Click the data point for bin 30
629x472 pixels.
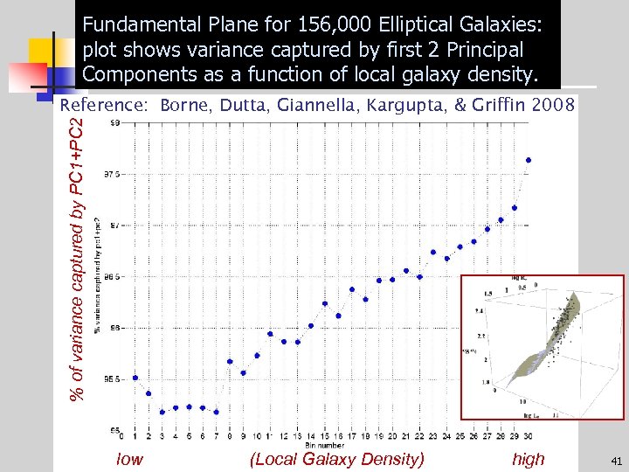click(529, 160)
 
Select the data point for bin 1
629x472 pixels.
click(135, 378)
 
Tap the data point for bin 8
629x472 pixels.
click(230, 361)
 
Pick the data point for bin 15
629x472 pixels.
click(325, 303)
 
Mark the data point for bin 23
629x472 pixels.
click(433, 252)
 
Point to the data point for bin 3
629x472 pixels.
click(162, 412)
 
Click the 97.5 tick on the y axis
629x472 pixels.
click(114, 175)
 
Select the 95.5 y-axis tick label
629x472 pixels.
click(114, 379)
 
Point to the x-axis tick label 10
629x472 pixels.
click(257, 436)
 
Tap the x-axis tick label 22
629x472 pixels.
click(419, 436)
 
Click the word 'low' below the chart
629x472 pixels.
click(129, 459)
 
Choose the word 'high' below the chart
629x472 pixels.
click(528, 459)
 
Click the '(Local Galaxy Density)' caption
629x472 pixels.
click(336, 459)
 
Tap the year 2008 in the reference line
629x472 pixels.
click(552, 106)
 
